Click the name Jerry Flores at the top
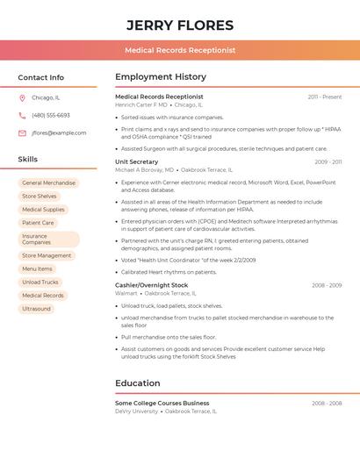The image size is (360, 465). point(180,25)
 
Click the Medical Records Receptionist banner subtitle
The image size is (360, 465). point(180,50)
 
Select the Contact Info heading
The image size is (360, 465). point(40,77)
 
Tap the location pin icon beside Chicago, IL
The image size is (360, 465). point(22,98)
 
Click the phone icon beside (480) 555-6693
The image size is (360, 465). point(22,115)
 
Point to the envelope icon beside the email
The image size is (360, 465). point(22,133)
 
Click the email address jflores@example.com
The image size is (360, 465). point(59,133)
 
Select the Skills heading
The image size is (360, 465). point(28,160)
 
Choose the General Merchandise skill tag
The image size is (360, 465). point(48,183)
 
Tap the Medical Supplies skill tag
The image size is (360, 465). point(43,210)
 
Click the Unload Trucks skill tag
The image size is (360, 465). point(40,283)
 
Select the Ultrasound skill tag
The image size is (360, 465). point(36,309)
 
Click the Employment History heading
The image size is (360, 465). point(161,77)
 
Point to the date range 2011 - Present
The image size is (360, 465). point(324,97)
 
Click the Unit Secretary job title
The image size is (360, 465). point(137,162)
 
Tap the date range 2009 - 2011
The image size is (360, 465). point(328,162)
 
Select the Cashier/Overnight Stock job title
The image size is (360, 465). point(151,285)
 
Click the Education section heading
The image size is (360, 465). point(138,383)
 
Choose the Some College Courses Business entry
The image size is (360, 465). point(162,404)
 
